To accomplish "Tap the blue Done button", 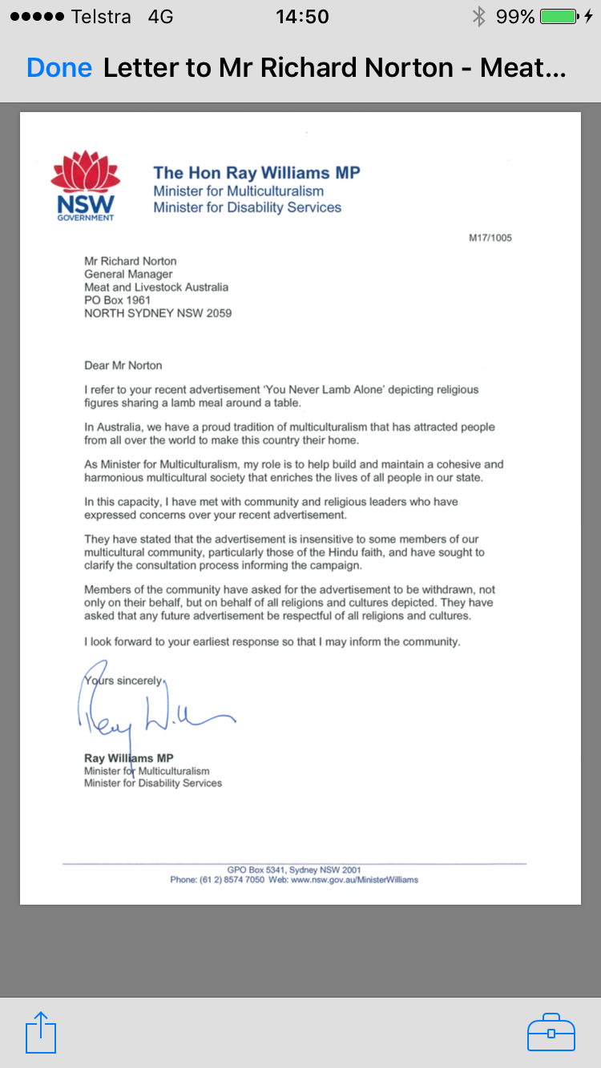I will coord(58,68).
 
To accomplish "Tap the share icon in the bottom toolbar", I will coord(41,1032).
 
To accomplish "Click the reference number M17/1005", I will coord(490,238).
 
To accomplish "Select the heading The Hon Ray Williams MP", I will coord(256,172).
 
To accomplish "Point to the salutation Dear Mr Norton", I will coord(123,365).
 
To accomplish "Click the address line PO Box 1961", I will coord(118,300).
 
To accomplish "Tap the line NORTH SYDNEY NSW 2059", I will coord(158,313).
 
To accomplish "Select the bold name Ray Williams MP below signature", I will coord(128,758).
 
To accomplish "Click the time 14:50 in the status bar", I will coord(302,16).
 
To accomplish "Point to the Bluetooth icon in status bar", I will coord(478,16).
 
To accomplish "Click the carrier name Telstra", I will coord(101,16).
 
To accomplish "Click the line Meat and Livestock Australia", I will coord(156,287).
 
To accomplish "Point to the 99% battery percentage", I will coord(514,16).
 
